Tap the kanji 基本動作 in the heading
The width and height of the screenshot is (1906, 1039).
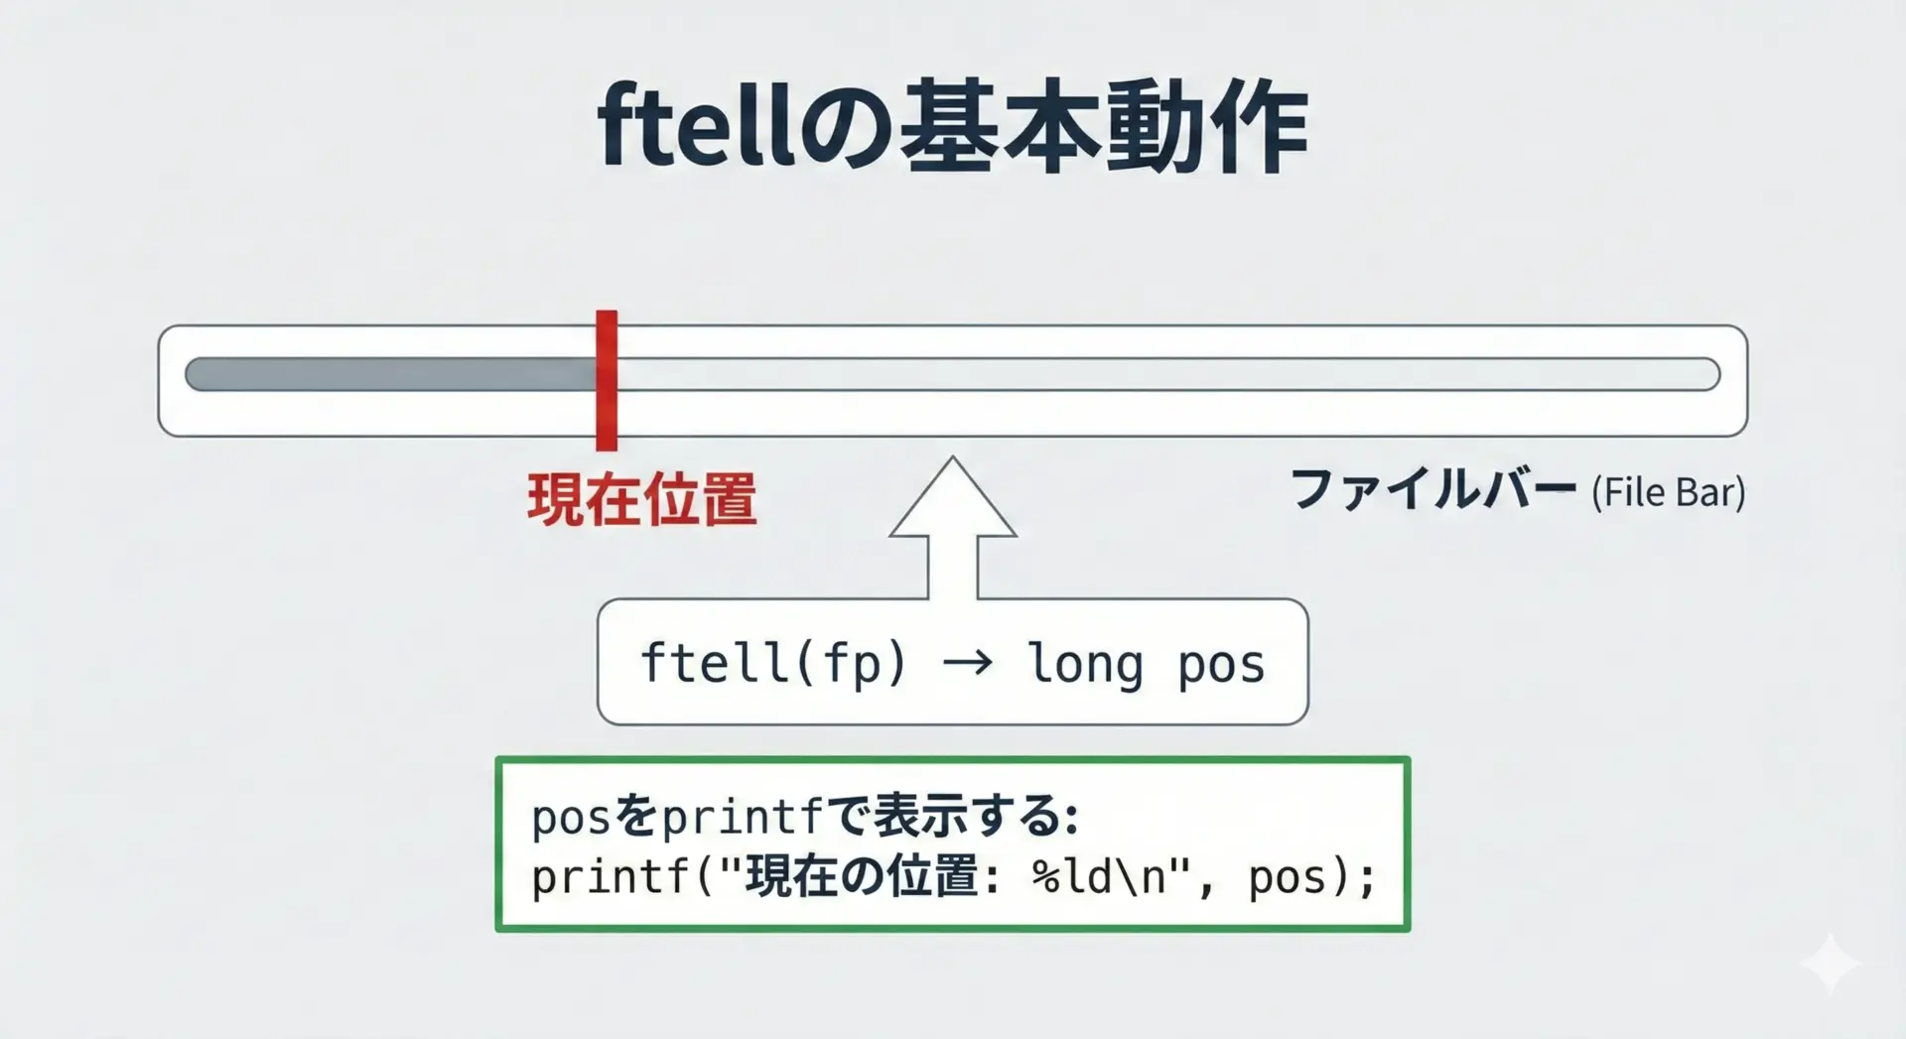pos(1104,128)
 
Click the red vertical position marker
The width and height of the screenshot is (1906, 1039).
pos(607,380)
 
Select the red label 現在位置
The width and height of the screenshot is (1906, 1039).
pos(642,498)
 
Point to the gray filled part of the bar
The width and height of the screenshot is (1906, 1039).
pos(391,374)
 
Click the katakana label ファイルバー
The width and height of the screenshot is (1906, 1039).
pos(1432,490)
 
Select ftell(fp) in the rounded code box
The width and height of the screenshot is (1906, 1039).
pos(773,663)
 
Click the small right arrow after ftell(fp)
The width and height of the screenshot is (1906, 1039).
pos(967,663)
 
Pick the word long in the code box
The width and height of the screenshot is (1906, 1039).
pos(1085,664)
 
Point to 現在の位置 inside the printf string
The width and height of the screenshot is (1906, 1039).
pos(863,877)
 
